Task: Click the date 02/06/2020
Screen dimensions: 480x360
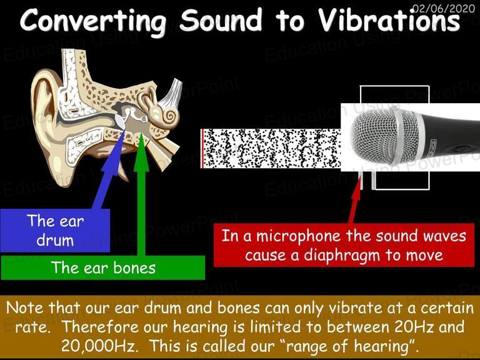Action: point(444,7)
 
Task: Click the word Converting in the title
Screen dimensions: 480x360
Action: point(94,21)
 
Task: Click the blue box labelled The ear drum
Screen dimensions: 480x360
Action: point(55,230)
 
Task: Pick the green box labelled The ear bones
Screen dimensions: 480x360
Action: point(103,268)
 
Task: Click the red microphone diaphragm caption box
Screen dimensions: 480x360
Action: point(344,245)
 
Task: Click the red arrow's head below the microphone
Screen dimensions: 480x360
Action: point(357,187)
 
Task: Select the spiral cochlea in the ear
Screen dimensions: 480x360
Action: point(169,116)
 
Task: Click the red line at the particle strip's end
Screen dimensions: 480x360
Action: point(202,149)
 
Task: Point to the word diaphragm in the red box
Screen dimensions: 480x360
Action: point(342,256)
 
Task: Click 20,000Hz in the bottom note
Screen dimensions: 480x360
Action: point(98,346)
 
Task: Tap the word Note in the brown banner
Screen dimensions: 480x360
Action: point(25,307)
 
